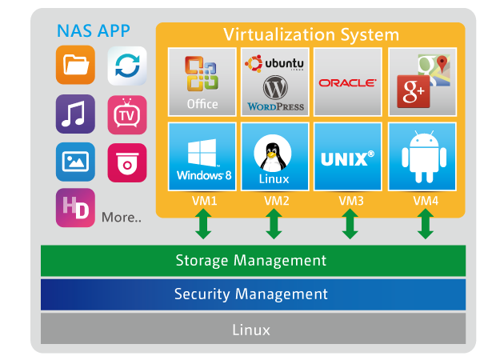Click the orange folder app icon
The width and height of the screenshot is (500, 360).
pyautogui.click(x=75, y=66)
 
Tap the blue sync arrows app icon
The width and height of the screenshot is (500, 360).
pyautogui.click(x=126, y=66)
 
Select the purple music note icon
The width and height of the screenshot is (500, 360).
pyautogui.click(x=75, y=114)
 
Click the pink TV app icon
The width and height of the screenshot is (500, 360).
pyautogui.click(x=126, y=114)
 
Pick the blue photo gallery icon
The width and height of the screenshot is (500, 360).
pyautogui.click(x=75, y=162)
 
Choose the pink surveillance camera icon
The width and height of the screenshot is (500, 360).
pyautogui.click(x=126, y=162)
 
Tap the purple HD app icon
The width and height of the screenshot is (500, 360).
pyautogui.click(x=75, y=208)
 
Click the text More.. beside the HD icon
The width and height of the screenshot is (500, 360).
pyautogui.click(x=122, y=217)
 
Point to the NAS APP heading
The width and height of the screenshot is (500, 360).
pyautogui.click(x=94, y=32)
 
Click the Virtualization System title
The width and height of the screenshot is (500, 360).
pyautogui.click(x=311, y=34)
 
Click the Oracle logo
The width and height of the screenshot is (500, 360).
pyautogui.click(x=347, y=82)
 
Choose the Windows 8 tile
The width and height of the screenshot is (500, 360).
pyautogui.click(x=202, y=157)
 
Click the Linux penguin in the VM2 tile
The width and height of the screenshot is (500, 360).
pyautogui.click(x=273, y=152)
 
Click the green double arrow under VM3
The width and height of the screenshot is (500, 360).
pyautogui.click(x=350, y=224)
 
